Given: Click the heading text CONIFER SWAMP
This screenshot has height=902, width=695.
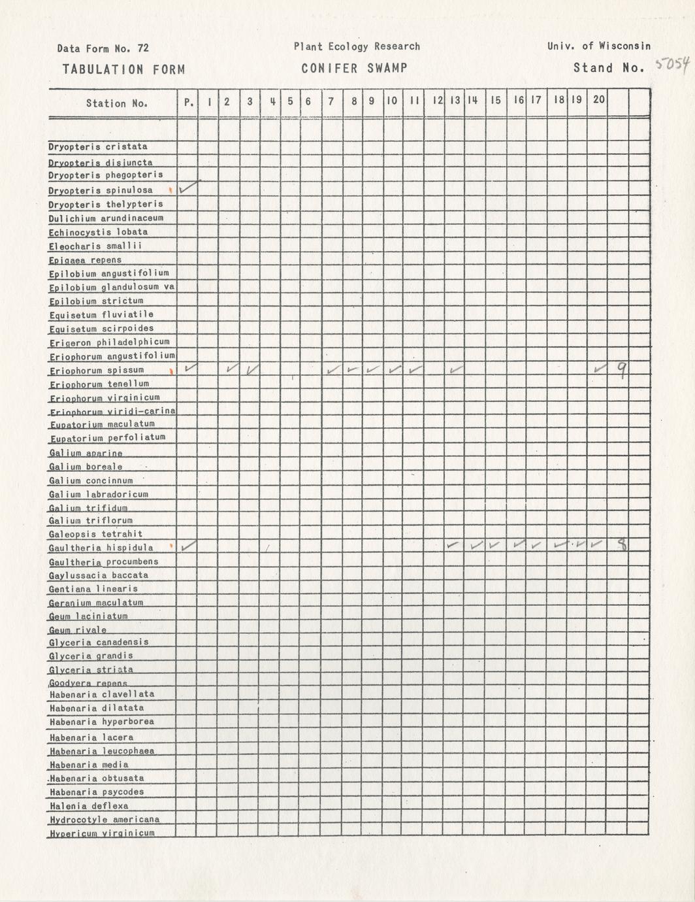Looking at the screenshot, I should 354,68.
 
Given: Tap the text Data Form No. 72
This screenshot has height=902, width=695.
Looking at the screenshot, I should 103,48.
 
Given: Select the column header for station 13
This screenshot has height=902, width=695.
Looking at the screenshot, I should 455,101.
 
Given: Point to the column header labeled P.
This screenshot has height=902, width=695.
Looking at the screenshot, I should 188,102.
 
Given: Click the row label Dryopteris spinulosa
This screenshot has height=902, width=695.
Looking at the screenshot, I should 101,190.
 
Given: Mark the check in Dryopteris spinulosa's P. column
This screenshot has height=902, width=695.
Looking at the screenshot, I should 188,188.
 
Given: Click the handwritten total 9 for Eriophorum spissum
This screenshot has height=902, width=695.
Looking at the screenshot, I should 622,371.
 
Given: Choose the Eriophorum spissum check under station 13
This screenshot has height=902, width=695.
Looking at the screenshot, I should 456,370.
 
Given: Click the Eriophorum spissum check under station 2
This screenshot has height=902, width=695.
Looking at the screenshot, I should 231,369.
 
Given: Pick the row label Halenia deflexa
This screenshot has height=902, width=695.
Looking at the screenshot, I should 89,806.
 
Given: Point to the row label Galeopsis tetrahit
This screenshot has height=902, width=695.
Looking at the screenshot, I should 95,534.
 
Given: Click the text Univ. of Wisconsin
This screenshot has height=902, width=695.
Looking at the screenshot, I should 599,46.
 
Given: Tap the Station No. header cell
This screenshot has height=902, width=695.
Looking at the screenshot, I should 117,103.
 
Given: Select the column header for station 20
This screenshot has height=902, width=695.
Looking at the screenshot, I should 598,100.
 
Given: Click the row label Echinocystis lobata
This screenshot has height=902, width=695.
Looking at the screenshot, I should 98,232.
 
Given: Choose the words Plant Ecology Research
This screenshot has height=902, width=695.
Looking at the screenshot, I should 357,46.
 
